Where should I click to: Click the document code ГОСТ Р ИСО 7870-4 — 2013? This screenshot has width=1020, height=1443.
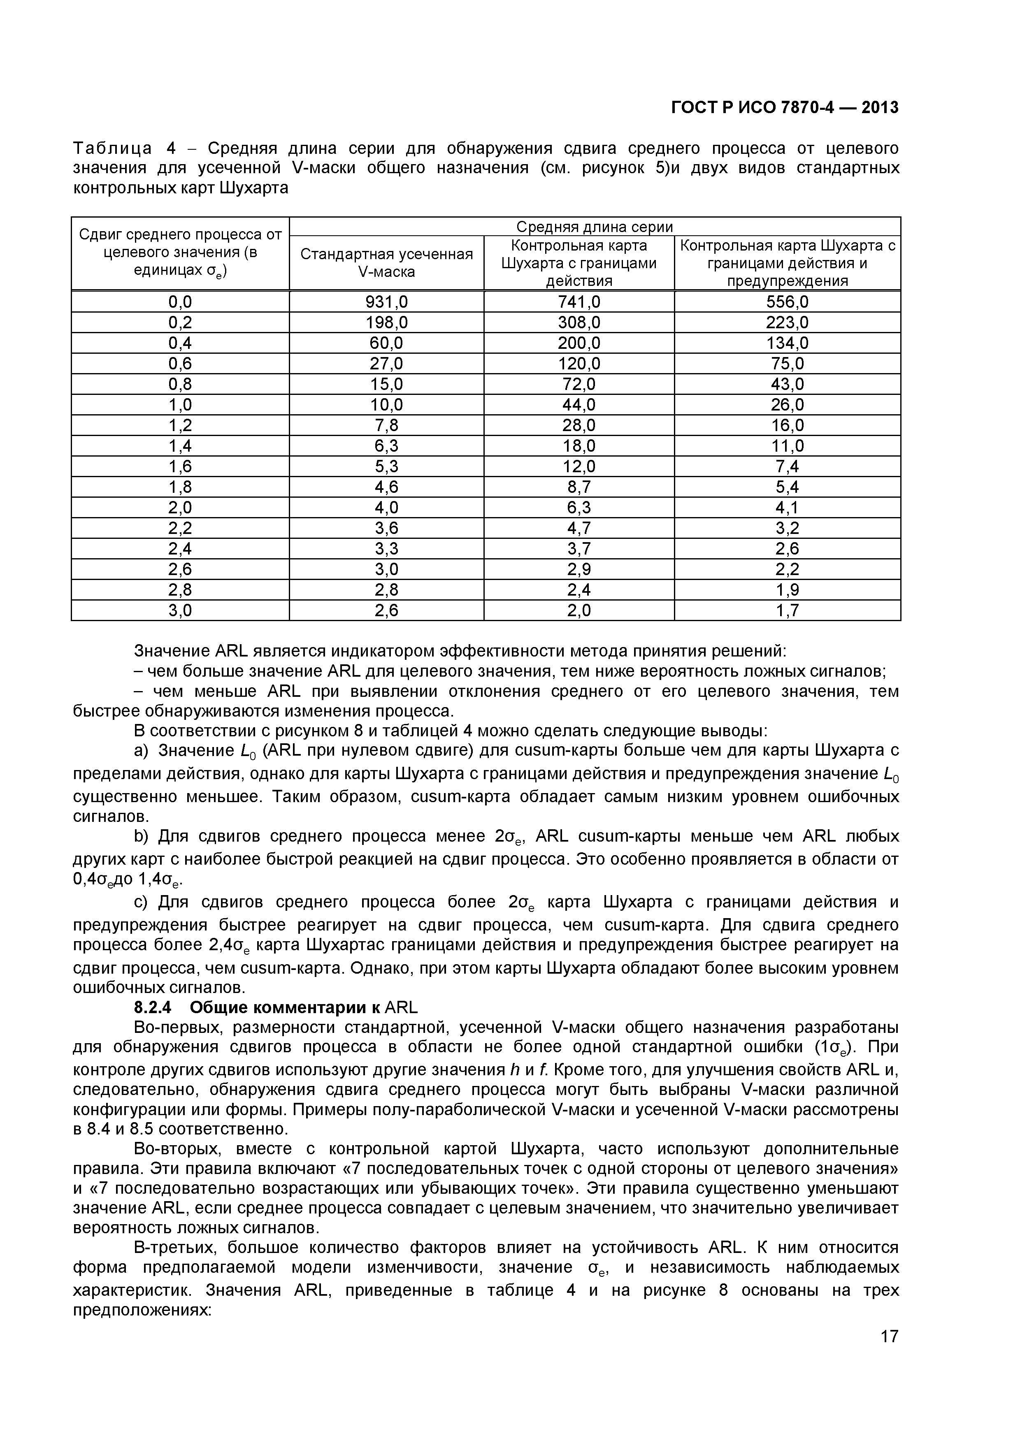(784, 108)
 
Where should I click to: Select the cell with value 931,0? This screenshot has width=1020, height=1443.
(386, 302)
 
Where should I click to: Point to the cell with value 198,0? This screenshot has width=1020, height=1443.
(386, 323)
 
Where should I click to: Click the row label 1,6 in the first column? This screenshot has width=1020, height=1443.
(180, 466)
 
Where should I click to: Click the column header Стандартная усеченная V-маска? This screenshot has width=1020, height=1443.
(386, 263)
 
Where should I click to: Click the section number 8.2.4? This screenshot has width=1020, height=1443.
(153, 1007)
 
